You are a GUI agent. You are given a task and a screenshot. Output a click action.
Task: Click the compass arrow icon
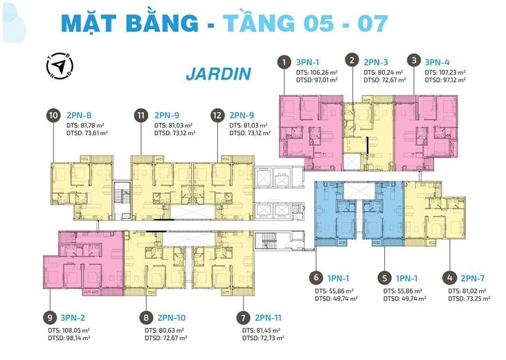[x=60, y=66]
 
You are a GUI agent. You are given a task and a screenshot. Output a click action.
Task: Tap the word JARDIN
[x=219, y=74]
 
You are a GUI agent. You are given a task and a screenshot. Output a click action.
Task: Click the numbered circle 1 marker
[x=284, y=62]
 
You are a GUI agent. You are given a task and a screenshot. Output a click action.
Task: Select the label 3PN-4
[x=437, y=62]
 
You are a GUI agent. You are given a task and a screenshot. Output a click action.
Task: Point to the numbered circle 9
[x=50, y=318]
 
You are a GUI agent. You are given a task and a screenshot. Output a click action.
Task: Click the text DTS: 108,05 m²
[x=69, y=331]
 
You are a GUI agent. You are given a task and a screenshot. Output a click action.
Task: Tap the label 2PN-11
[x=268, y=318]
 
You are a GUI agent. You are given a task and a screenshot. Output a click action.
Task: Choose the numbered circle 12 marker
[x=217, y=115]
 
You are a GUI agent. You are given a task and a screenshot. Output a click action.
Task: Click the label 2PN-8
[x=79, y=115]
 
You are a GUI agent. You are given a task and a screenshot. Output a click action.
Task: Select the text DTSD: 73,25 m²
[x=469, y=299]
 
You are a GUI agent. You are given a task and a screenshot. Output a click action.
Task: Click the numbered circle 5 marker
[x=384, y=278]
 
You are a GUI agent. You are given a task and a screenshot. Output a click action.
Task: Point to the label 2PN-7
[x=473, y=278]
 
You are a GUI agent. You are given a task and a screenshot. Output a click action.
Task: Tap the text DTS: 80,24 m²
[x=383, y=72]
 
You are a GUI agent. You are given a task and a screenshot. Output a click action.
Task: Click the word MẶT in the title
[x=89, y=24]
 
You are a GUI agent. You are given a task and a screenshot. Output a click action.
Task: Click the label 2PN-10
[x=172, y=318]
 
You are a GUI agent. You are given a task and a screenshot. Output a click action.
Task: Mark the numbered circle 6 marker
[x=316, y=278]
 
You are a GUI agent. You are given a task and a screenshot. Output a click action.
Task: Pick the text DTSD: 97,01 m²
[x=317, y=80]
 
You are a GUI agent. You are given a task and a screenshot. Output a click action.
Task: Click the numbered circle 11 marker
[x=141, y=115]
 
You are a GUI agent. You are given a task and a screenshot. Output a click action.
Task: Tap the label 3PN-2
[x=73, y=318]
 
